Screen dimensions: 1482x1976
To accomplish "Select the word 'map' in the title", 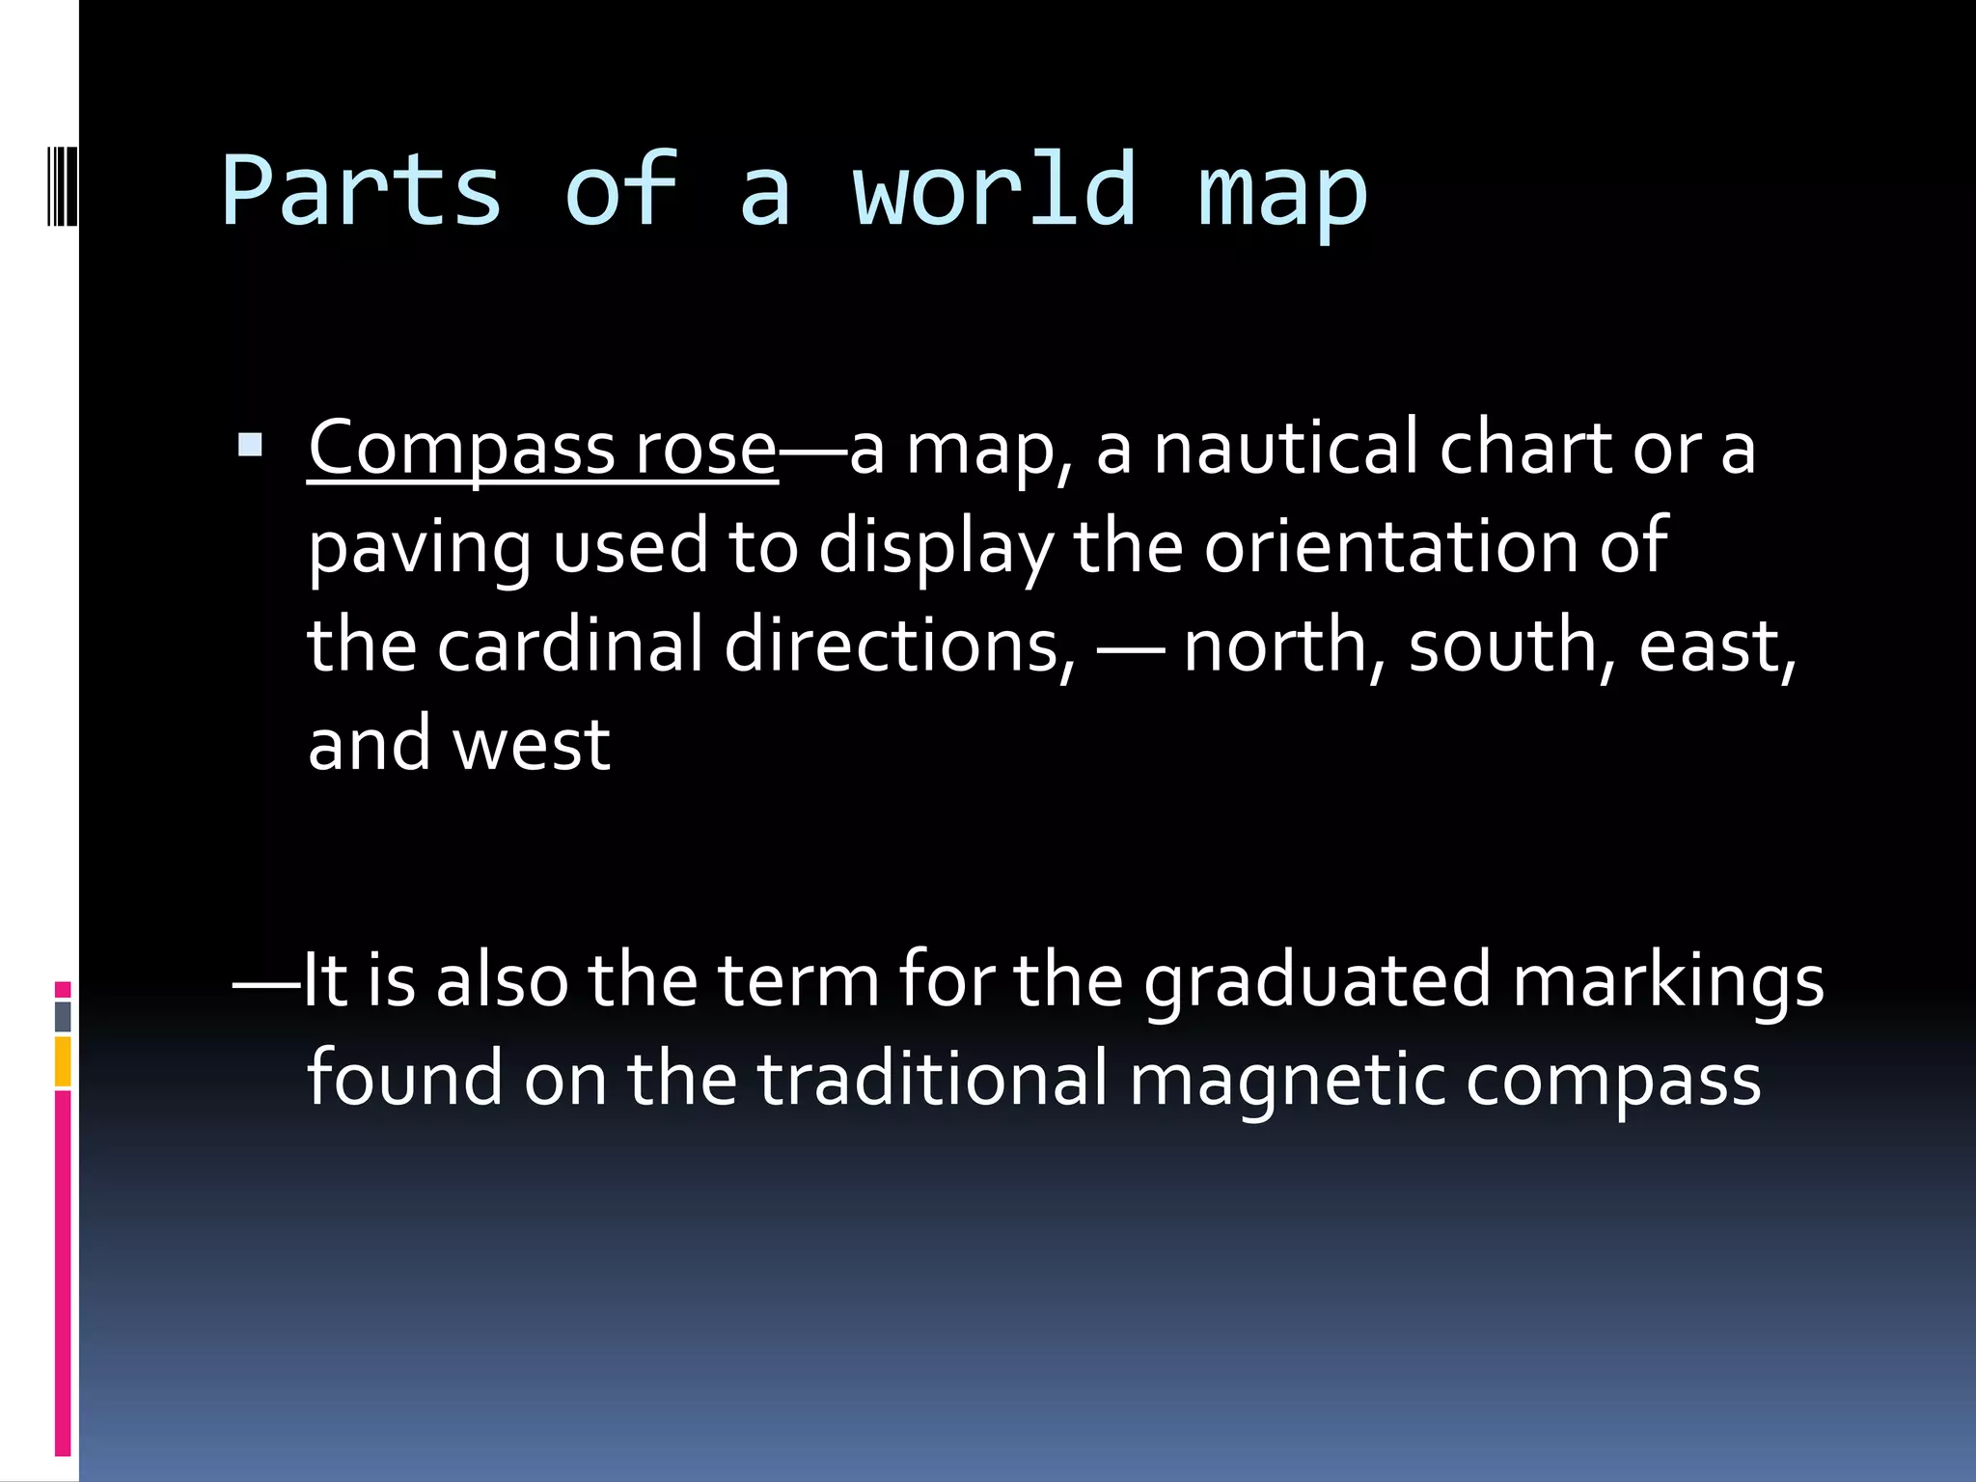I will tap(1282, 198).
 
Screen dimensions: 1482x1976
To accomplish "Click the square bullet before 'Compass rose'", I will tap(250, 445).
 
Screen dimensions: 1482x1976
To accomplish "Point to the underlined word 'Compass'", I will tap(461, 450).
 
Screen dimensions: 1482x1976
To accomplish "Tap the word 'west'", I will tap(532, 745).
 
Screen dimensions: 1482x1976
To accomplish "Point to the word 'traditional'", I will tap(932, 1079).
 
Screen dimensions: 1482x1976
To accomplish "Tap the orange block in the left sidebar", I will tap(63, 1061).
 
